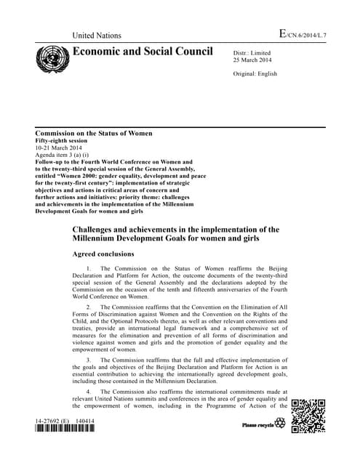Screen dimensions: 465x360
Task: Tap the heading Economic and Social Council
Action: pyautogui.click(x=143, y=52)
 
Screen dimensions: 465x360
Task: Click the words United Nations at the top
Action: pyautogui.click(x=97, y=36)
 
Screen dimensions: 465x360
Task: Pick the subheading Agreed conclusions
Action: pyautogui.click(x=103, y=254)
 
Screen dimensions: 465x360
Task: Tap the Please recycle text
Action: pyautogui.click(x=258, y=423)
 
